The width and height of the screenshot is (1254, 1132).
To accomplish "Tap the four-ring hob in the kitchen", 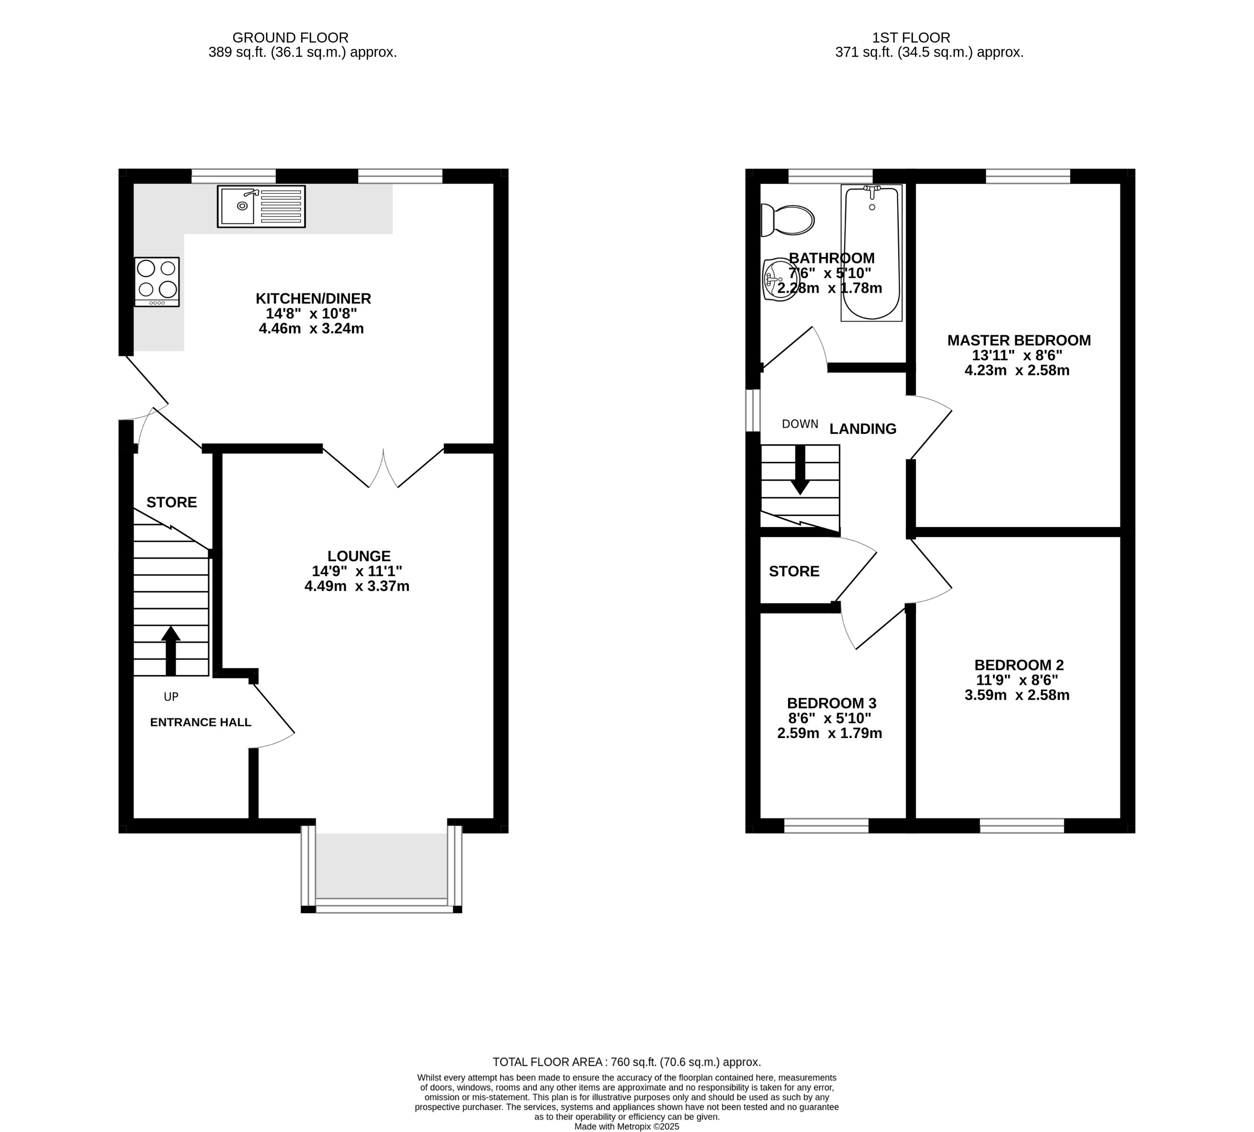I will [x=157, y=282].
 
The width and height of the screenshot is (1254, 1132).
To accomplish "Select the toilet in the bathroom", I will [x=787, y=220].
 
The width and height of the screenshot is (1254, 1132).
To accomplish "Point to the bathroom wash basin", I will [x=779, y=279].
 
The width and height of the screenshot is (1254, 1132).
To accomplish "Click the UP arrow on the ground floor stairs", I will [x=170, y=650].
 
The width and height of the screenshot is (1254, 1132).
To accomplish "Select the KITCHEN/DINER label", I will [x=314, y=299].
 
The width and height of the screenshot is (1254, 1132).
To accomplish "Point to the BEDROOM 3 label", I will [x=831, y=703].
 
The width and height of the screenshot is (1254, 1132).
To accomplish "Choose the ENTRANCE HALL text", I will [x=200, y=722].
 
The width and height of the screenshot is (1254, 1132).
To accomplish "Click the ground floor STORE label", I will [x=172, y=502].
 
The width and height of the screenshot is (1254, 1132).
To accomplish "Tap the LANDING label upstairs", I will [x=863, y=429].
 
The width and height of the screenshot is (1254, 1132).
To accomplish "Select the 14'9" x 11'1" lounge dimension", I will [x=357, y=571].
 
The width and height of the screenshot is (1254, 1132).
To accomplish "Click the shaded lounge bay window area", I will [x=381, y=865].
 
